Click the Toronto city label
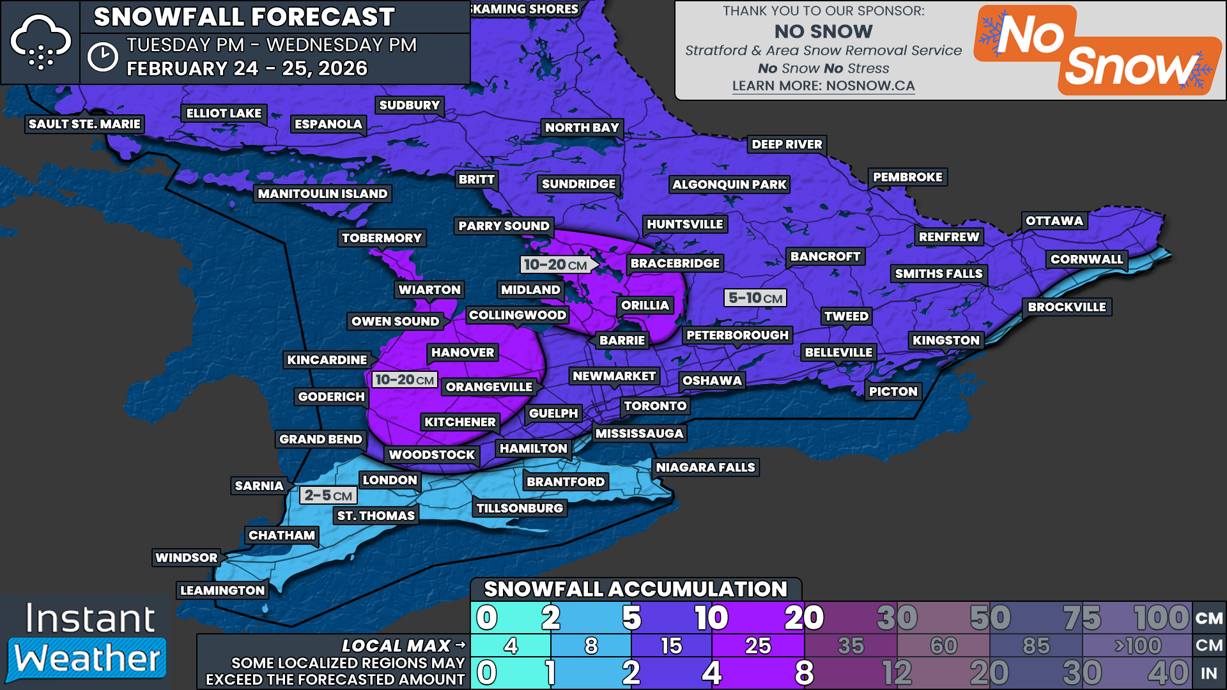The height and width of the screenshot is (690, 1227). (x=655, y=406)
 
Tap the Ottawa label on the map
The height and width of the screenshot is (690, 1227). (x=1054, y=221)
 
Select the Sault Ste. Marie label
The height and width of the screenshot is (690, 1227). (x=84, y=124)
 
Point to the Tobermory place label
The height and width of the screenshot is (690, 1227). (x=382, y=238)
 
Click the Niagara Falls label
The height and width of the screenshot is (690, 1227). (x=705, y=468)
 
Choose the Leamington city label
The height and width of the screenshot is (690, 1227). (x=222, y=590)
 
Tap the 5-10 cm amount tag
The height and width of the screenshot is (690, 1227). (x=755, y=298)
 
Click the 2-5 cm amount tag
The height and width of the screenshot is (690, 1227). (x=328, y=496)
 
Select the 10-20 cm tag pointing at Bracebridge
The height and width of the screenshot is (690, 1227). (x=556, y=264)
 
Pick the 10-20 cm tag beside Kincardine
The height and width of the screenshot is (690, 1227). (x=405, y=379)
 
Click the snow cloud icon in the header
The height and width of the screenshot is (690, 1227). (x=40, y=42)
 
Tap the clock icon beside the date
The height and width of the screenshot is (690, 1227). (x=102, y=57)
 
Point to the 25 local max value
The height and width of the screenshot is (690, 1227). (x=757, y=646)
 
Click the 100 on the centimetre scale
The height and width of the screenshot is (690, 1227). (x=1161, y=618)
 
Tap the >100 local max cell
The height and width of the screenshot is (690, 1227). (x=1138, y=646)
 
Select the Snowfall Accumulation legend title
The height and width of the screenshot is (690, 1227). (x=635, y=589)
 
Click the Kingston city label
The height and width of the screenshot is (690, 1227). (x=945, y=341)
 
